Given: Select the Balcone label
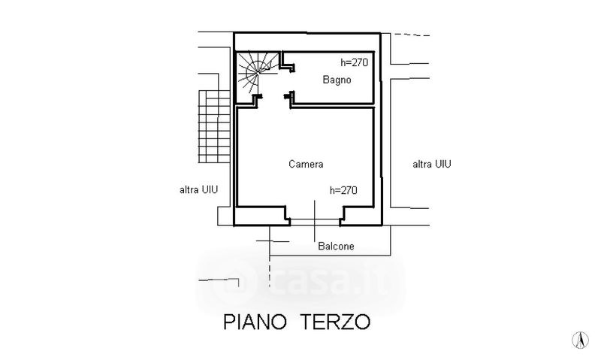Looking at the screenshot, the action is (x=335, y=246).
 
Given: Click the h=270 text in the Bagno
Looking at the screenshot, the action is (x=353, y=62).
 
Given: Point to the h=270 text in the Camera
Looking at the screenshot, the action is (x=343, y=190).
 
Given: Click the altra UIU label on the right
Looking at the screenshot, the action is (x=432, y=164).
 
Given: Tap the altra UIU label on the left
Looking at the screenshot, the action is (x=198, y=190).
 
